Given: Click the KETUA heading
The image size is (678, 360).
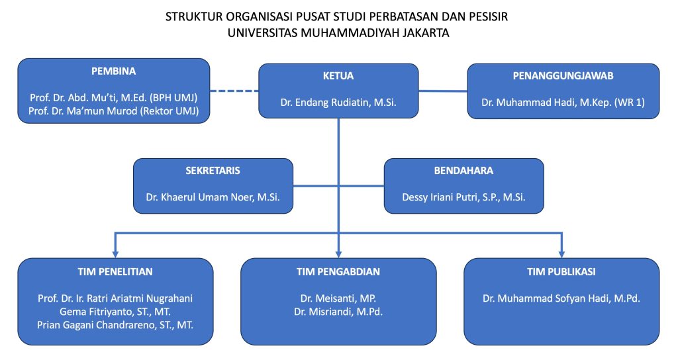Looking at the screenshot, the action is click(x=338, y=76).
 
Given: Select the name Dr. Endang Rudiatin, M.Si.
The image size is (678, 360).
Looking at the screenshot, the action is click(x=338, y=103).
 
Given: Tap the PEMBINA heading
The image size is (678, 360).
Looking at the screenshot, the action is click(x=114, y=71).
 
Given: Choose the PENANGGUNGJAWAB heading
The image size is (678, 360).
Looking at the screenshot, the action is click(x=563, y=76).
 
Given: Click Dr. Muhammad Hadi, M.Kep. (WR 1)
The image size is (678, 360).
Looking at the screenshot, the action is click(x=563, y=103).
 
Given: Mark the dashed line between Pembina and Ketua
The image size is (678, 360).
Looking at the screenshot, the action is click(x=234, y=91).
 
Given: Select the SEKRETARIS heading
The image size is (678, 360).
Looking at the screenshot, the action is click(x=213, y=171).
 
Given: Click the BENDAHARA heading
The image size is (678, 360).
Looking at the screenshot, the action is click(x=463, y=171).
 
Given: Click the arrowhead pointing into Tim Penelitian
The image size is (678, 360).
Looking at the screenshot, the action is click(x=115, y=253).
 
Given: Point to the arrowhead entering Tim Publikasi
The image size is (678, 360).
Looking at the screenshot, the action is click(x=561, y=253).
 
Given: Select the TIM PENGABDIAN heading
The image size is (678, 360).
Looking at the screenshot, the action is click(x=338, y=272).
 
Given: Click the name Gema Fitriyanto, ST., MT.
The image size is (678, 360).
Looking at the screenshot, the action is click(x=115, y=312).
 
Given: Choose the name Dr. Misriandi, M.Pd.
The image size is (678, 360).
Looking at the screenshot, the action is click(x=338, y=312).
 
